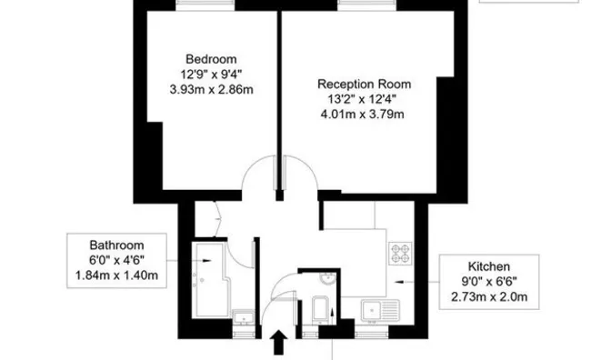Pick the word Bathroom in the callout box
tap(115, 245)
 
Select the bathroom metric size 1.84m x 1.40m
tap(115, 275)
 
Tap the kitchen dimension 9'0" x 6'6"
tap(490, 282)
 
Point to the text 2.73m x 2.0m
tap(490, 297)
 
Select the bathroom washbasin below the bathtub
tap(242, 318)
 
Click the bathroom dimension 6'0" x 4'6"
tap(115, 261)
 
